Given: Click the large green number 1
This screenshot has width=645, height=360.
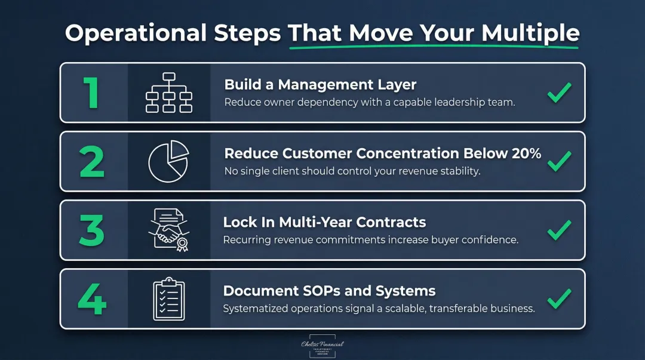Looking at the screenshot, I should click(91, 93).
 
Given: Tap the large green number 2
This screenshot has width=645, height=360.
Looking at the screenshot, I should click(92, 161).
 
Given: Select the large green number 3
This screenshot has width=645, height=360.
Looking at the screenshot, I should click(92, 230).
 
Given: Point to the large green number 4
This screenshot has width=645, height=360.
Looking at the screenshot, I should click(92, 299).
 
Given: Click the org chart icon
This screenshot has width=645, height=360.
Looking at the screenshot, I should click(168, 93).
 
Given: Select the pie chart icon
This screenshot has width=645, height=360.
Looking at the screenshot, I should click(168, 161).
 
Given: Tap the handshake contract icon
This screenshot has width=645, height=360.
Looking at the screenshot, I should click(168, 230).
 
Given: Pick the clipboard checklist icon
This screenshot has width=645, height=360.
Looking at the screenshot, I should click(168, 298).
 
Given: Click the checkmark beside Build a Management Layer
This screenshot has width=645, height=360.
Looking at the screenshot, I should click(559, 93).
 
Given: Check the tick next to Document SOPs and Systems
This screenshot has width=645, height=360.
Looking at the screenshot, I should click(559, 299).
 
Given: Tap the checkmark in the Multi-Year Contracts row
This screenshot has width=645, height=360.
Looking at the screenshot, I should click(559, 230).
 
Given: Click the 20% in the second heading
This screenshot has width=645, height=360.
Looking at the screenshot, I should click(526, 153).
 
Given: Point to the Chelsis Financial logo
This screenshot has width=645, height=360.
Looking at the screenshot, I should click(322, 347).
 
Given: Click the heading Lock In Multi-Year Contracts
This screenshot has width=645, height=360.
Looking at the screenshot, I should click(324, 223).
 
